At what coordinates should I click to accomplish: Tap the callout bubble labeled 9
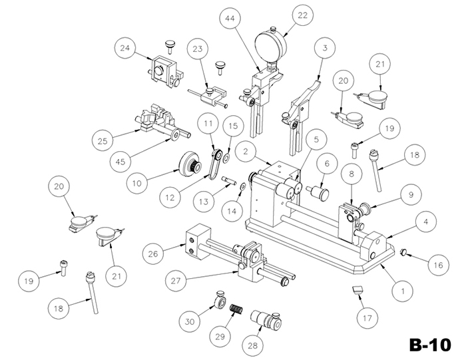pyautogui.click(x=410, y=195)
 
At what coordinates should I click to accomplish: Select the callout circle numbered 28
pyautogui.click(x=252, y=346)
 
